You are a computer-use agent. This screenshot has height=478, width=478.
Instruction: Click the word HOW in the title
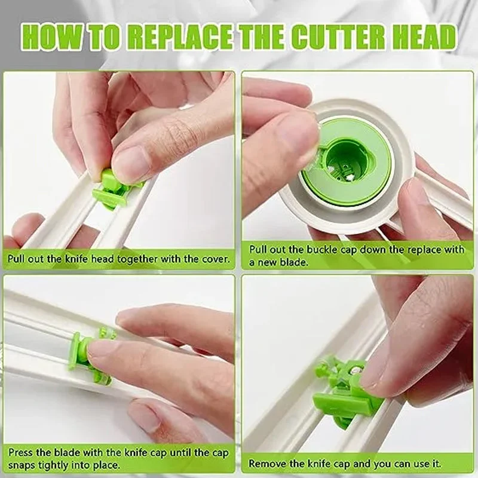coord(48,37)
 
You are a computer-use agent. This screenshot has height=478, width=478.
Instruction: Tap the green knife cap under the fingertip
coord(84,355)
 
